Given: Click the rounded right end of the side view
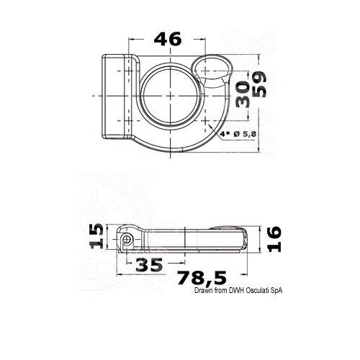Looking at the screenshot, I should click(x=243, y=237).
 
